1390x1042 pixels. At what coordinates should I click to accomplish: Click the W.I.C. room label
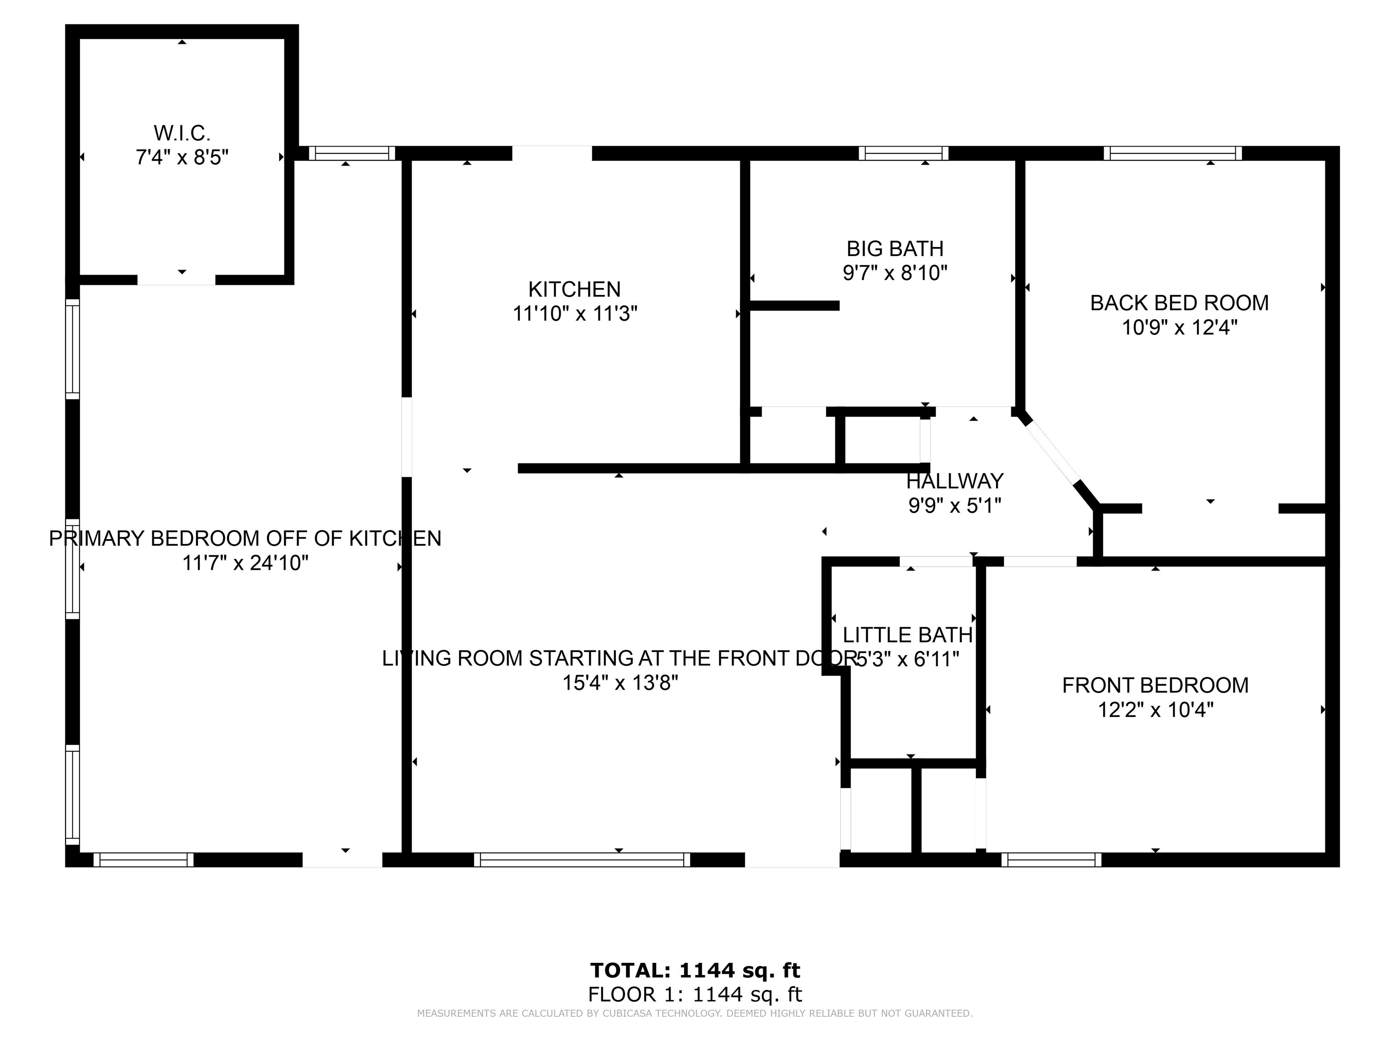[x=181, y=133]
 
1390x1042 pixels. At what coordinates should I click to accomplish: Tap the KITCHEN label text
[x=574, y=289]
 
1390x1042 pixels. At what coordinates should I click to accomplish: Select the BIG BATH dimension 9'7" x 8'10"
[x=895, y=273]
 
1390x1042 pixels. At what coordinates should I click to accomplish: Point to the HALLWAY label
[x=955, y=481]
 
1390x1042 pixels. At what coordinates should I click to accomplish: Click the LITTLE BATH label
[x=907, y=635]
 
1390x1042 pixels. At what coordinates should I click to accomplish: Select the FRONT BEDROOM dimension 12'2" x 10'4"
[x=1155, y=710]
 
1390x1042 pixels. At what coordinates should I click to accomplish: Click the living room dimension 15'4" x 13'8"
[x=620, y=683]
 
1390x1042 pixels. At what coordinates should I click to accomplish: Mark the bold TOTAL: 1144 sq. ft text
[x=695, y=971]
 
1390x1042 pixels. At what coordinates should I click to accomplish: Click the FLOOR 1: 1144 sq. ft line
[x=695, y=994]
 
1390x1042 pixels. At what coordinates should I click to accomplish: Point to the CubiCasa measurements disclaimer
[x=695, y=1013]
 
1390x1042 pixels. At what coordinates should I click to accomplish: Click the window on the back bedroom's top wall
[x=1172, y=153]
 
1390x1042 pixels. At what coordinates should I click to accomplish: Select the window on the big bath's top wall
[x=904, y=153]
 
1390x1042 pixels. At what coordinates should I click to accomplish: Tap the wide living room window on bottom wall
[x=581, y=860]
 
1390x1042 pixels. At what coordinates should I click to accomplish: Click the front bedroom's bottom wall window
[x=1051, y=860]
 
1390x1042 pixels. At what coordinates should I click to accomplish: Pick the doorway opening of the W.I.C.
[x=176, y=280]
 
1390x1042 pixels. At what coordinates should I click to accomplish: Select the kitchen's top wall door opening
[x=552, y=153]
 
